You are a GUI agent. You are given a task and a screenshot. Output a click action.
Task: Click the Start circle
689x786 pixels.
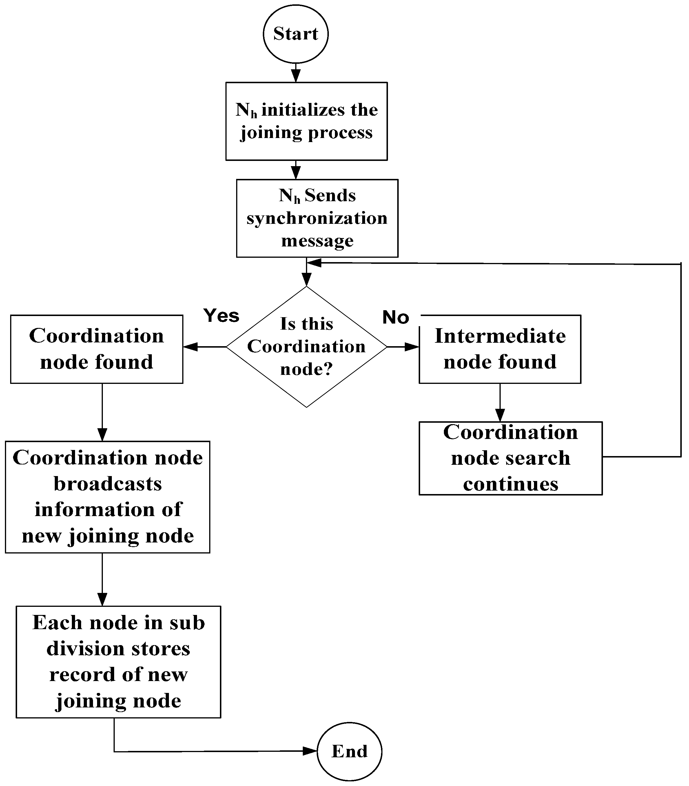296,34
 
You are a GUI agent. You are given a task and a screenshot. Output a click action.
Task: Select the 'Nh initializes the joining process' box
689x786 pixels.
306,121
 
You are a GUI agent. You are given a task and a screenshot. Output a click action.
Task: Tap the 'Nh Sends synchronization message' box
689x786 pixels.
317,218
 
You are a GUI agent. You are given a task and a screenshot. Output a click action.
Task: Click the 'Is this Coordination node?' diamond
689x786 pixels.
306,346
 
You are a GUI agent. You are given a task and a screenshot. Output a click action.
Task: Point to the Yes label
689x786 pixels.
221,316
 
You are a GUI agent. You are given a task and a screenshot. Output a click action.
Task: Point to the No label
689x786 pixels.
395,317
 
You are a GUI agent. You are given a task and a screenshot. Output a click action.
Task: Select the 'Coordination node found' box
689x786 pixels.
96,349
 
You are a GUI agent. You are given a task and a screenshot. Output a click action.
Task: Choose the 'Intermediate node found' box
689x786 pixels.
500,349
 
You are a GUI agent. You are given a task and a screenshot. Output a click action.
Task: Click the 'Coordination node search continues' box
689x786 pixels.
510,458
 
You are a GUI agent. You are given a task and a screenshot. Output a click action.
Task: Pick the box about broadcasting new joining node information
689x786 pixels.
107,497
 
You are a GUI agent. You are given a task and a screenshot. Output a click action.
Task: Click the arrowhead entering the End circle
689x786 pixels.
311,751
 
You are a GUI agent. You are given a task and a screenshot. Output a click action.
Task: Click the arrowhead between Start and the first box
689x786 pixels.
296,75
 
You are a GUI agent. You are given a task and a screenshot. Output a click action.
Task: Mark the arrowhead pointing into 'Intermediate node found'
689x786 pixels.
412,347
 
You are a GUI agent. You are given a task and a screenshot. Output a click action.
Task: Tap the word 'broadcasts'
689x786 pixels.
107,484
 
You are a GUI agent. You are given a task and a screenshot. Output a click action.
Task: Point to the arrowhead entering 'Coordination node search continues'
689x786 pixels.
500,415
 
